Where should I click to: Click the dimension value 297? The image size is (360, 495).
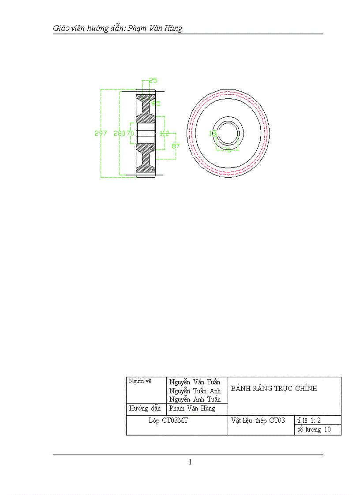click(101, 134)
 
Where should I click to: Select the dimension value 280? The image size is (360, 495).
click(119, 134)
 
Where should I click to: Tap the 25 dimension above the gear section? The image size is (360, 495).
click(153, 80)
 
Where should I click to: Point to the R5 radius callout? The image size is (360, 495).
click(156, 104)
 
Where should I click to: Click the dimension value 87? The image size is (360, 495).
click(176, 145)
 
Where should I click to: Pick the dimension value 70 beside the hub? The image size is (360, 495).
click(130, 134)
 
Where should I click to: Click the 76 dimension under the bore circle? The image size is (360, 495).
click(228, 150)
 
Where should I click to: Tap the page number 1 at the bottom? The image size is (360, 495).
click(190, 462)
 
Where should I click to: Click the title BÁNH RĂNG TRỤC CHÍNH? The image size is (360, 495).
click(274, 389)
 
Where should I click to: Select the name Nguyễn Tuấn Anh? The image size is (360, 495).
click(195, 391)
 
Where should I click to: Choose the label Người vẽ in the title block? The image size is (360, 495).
click(140, 381)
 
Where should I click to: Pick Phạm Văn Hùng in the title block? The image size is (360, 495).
click(192, 409)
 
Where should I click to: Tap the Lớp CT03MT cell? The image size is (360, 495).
click(168, 421)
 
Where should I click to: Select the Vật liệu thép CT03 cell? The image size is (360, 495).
click(258, 421)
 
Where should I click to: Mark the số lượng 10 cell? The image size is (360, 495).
click(314, 430)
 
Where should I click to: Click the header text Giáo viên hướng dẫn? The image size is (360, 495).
click(89, 29)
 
